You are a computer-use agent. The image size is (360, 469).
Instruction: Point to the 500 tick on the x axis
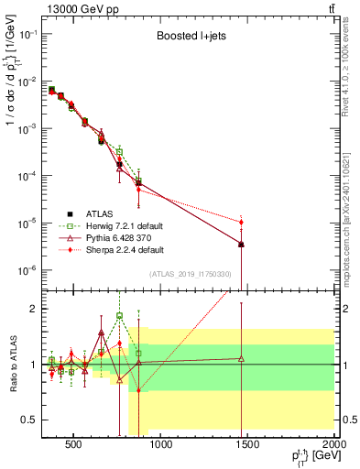point(73,444)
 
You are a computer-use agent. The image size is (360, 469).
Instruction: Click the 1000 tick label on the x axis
point(160,444)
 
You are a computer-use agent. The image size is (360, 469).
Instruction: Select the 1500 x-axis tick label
point(247,444)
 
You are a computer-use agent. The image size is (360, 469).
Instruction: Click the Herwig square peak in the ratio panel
point(119,315)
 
